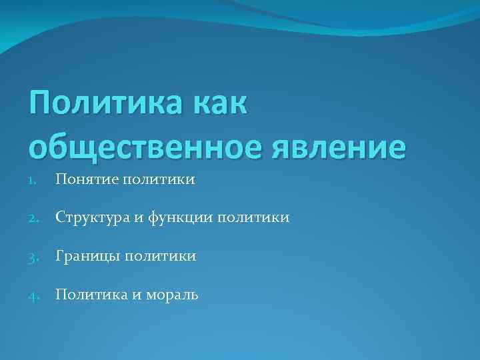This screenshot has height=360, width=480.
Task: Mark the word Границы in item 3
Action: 85,256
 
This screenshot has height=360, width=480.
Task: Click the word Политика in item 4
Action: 88,294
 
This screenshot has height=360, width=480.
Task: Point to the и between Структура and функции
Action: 137,218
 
